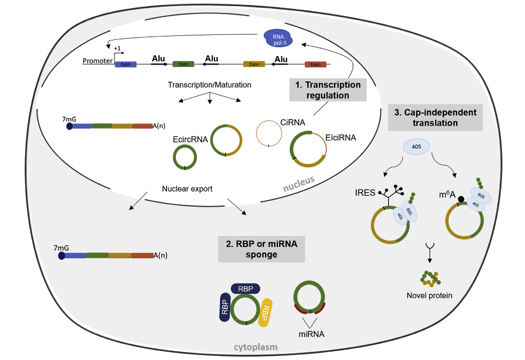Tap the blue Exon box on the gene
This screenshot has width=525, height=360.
(125, 64)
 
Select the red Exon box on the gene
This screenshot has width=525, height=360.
(314, 64)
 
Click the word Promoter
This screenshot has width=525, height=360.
(97, 61)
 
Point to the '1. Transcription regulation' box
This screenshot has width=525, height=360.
(327, 90)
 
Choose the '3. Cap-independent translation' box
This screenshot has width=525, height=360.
(435, 117)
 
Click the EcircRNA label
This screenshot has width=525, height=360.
(191, 138)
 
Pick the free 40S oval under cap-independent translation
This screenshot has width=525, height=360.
(416, 148)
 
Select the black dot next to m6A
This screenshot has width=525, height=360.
(460, 198)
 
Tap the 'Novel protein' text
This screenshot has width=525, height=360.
(430, 295)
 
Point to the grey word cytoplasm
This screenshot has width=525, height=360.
(256, 348)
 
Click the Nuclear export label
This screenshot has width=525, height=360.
(187, 189)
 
